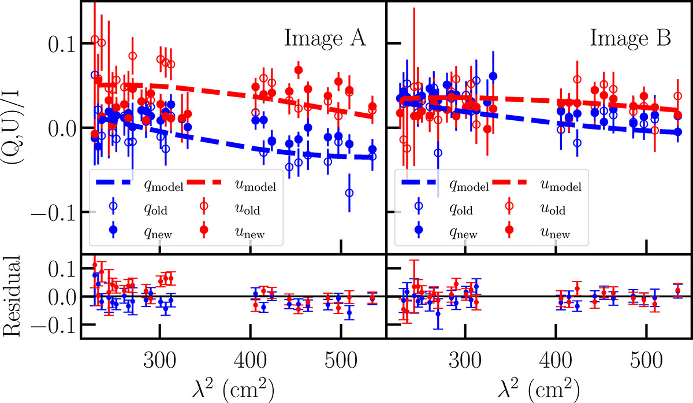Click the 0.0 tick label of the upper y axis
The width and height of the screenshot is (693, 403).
[x=56, y=128]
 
